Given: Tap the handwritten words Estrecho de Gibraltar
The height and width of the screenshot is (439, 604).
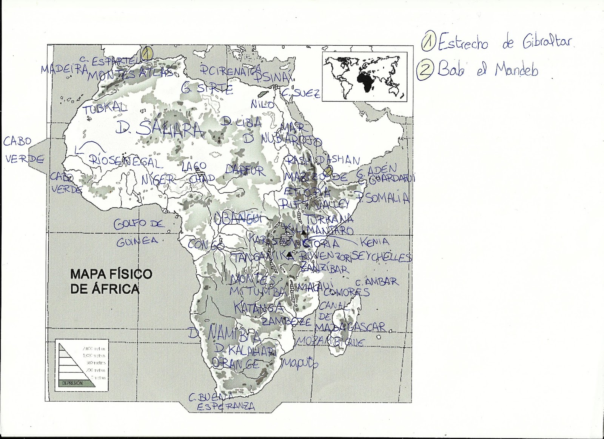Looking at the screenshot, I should [506, 43].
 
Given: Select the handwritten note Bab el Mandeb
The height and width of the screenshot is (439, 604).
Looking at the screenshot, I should [487, 70].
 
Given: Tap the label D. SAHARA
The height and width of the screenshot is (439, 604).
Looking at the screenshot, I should [159, 129].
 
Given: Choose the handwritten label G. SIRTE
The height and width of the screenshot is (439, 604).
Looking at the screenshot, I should [207, 89].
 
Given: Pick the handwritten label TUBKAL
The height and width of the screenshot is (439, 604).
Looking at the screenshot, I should [105, 109].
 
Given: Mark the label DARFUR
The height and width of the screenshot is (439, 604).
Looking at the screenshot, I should [246, 170].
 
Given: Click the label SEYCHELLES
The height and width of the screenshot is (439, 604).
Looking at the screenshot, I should [381, 257].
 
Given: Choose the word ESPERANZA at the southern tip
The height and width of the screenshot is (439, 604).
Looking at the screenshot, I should [226, 407].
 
